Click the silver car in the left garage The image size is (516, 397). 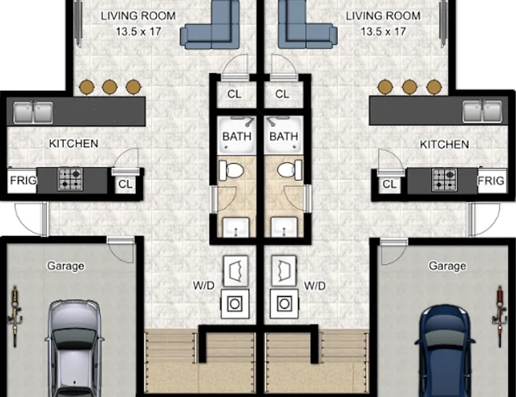pyautogui.click(x=75, y=348)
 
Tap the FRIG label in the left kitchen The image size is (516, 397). pyautogui.click(x=23, y=181)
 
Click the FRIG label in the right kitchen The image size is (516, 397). pyautogui.click(x=490, y=181)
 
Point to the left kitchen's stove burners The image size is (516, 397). pyautogui.click(x=70, y=179)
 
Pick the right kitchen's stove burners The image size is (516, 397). pyautogui.click(x=444, y=180)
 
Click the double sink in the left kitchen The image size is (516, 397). pyautogui.click(x=33, y=112)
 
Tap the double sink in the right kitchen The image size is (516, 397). pyautogui.click(x=482, y=112)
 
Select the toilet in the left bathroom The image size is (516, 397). pyautogui.click(x=231, y=170)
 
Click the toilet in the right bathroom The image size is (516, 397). pyautogui.click(x=290, y=170)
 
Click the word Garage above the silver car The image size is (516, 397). pyautogui.click(x=66, y=266)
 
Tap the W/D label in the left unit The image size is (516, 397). pyautogui.click(x=204, y=285)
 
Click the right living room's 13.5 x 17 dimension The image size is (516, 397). pyautogui.click(x=384, y=32)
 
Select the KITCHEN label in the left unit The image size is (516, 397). pyautogui.click(x=73, y=144)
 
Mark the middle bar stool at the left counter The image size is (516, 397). pyautogui.click(x=110, y=87)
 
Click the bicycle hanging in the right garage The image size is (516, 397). pyautogui.click(x=500, y=316)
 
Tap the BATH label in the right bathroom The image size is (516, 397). pyautogui.click(x=284, y=136)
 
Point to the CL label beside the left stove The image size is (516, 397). pyautogui.click(x=125, y=184)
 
